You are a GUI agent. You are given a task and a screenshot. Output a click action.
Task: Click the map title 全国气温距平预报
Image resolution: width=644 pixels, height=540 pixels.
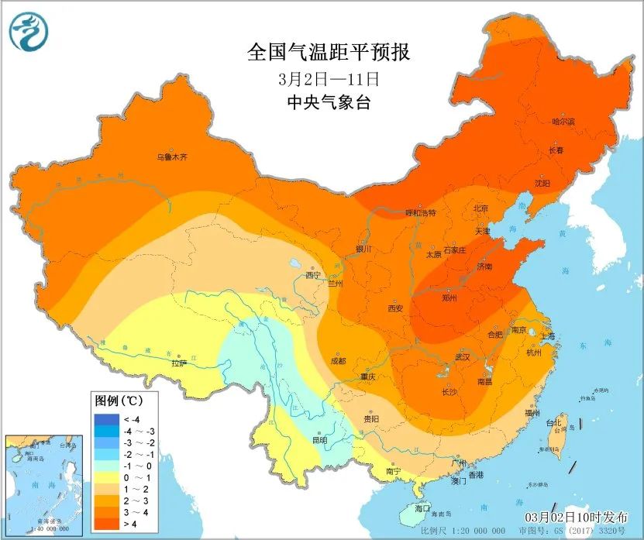[328, 53]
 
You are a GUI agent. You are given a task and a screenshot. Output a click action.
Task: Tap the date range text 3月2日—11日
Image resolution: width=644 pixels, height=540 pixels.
[328, 79]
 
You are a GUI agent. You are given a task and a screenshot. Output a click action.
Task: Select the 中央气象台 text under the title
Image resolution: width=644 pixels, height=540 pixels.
[328, 102]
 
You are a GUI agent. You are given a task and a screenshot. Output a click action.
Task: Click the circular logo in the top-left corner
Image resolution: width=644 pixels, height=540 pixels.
[29, 31]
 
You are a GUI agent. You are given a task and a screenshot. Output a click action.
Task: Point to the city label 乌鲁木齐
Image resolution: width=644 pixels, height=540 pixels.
[172, 157]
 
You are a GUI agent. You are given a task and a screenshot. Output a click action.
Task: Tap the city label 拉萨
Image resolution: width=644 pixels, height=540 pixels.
[179, 362]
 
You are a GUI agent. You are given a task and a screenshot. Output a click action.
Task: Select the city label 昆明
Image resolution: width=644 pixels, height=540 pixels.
[319, 439]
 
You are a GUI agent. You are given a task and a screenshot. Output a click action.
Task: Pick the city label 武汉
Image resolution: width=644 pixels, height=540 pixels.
[463, 357]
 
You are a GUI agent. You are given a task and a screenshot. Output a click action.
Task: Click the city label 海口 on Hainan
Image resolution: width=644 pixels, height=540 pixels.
[422, 508]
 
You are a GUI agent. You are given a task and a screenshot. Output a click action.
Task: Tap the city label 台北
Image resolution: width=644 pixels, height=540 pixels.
[553, 423]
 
